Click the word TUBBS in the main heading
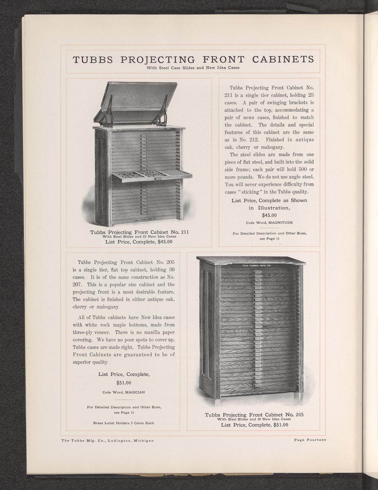[92, 59]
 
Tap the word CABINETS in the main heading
[283, 59]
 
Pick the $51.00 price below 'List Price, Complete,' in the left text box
[124, 383]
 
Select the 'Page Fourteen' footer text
[310, 440]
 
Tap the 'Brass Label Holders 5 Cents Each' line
[123, 423]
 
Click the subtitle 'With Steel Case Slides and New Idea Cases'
[193, 68]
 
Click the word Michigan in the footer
[143, 441]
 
